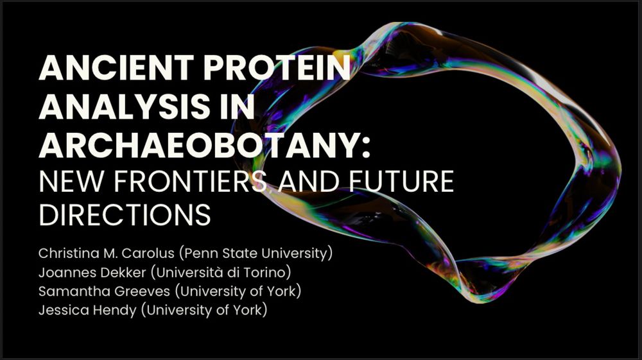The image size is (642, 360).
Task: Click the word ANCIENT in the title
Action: (x=116, y=67)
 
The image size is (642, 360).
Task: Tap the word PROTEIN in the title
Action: (x=277, y=67)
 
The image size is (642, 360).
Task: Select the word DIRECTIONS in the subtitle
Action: (x=125, y=215)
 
